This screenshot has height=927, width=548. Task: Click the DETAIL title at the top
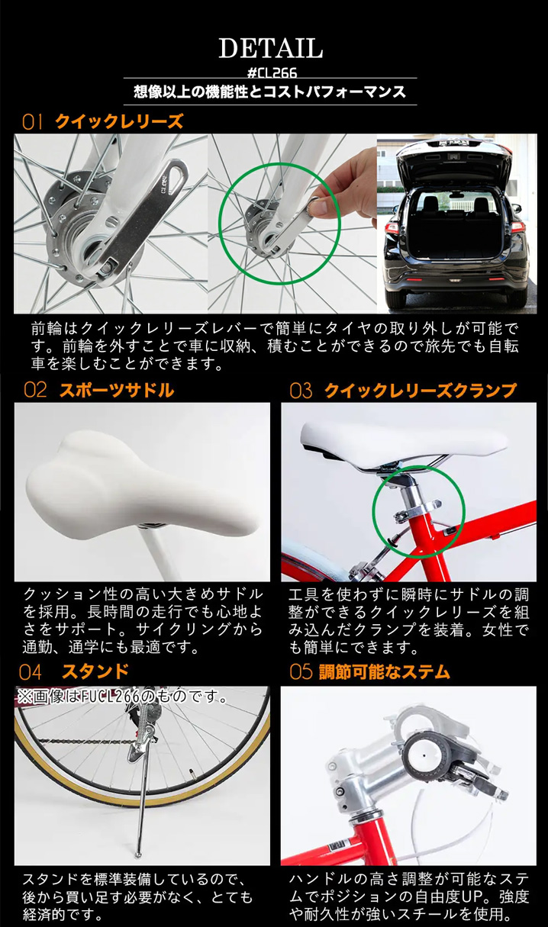pos(271,47)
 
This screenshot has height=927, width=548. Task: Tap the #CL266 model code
pos(271,72)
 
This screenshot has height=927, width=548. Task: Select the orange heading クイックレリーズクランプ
pos(420,391)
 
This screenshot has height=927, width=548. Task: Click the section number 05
pos(301,671)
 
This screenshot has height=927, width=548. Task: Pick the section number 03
pos(301,391)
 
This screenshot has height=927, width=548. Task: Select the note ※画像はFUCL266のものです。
pos(123,696)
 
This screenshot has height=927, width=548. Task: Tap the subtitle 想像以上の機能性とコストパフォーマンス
pos(271,92)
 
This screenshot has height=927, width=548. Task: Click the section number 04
pos(31,671)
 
